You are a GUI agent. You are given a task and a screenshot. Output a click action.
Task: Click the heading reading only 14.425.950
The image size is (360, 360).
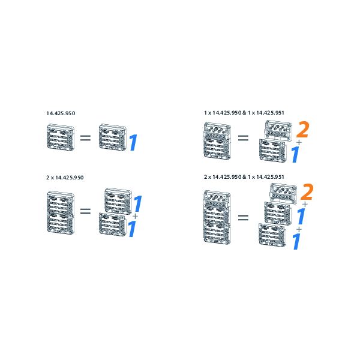pos(61,113)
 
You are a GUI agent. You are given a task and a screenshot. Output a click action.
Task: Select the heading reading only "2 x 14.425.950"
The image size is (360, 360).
pos(65,178)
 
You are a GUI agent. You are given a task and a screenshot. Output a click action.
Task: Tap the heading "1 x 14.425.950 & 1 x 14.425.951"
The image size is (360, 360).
pos(244,113)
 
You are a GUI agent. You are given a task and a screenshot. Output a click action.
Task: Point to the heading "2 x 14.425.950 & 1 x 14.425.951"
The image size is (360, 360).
pos(244,177)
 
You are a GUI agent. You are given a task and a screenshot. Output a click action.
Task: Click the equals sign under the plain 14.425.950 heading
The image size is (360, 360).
pos(85,138)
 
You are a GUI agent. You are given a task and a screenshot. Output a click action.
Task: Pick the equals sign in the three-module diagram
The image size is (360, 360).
pos(243,218)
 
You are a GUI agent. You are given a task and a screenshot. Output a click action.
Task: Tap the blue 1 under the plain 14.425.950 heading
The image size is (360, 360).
pos(133,143)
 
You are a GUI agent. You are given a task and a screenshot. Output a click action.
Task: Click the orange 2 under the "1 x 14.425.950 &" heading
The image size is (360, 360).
pos(303,130)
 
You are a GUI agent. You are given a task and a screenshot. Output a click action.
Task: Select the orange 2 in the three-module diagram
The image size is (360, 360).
pos(307,192)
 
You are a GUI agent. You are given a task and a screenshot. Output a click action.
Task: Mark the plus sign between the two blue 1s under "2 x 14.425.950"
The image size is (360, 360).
pos(135,216)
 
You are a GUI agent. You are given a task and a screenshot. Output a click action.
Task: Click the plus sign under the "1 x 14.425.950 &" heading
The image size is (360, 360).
pos(299,143)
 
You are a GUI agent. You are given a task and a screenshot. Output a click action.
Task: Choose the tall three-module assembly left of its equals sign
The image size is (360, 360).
pos(217,217)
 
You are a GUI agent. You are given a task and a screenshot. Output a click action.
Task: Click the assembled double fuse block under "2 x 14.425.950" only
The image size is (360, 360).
pos(61,212)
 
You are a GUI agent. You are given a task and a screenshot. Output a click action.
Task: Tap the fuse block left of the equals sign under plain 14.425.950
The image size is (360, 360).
pos(61,137)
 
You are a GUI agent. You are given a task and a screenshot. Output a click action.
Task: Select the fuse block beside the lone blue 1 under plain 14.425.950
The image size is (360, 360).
pos(113,137)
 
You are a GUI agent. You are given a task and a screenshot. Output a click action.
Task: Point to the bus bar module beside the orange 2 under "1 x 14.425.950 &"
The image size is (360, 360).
pos(278,130)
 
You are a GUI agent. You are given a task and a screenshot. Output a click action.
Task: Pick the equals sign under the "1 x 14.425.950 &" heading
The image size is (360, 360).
pos(243,138)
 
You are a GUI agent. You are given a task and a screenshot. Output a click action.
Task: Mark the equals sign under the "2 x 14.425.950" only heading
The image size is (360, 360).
pos(85,211)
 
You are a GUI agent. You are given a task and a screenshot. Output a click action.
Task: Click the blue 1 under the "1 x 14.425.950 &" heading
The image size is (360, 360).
pos(295,155)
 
